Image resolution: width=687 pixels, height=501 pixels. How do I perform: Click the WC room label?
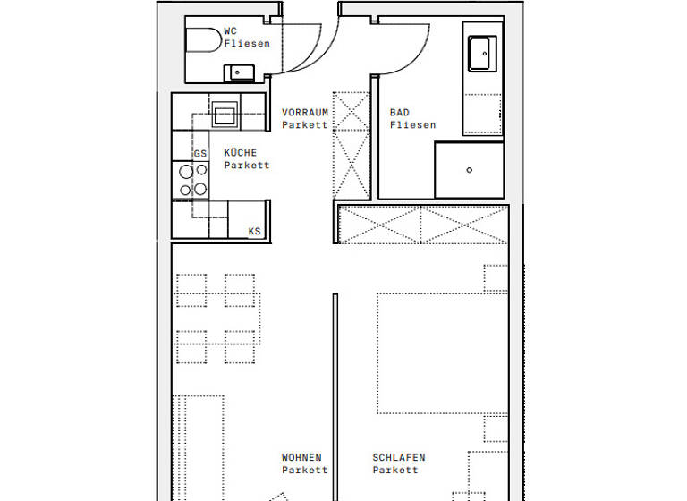coord(231,30)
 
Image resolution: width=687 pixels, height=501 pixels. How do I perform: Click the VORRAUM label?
coord(305,113)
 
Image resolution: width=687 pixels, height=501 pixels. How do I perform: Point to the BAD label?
coord(399,113)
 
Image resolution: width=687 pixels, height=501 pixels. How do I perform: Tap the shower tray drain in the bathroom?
coord(469,169)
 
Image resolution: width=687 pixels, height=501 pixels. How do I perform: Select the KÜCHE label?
coord(240,153)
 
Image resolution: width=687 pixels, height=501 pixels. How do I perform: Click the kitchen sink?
coord(225,114)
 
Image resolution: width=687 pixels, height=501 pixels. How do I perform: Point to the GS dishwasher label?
coord(200,154)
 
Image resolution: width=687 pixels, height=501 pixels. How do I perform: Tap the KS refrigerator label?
coord(255,232)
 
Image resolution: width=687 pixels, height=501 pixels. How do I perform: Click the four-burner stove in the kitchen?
coord(192,180)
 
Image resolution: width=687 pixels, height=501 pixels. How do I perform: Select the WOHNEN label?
coord(301,458)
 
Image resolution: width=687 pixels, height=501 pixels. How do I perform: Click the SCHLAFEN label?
coord(399,458)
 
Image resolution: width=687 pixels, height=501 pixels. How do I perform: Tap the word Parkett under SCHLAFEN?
coord(395,471)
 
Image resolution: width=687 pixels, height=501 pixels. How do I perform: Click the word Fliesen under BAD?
coord(412,125)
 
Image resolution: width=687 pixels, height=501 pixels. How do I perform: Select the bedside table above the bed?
coord(496,278)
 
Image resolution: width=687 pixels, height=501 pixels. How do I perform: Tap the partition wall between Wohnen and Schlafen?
coord(335,394)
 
